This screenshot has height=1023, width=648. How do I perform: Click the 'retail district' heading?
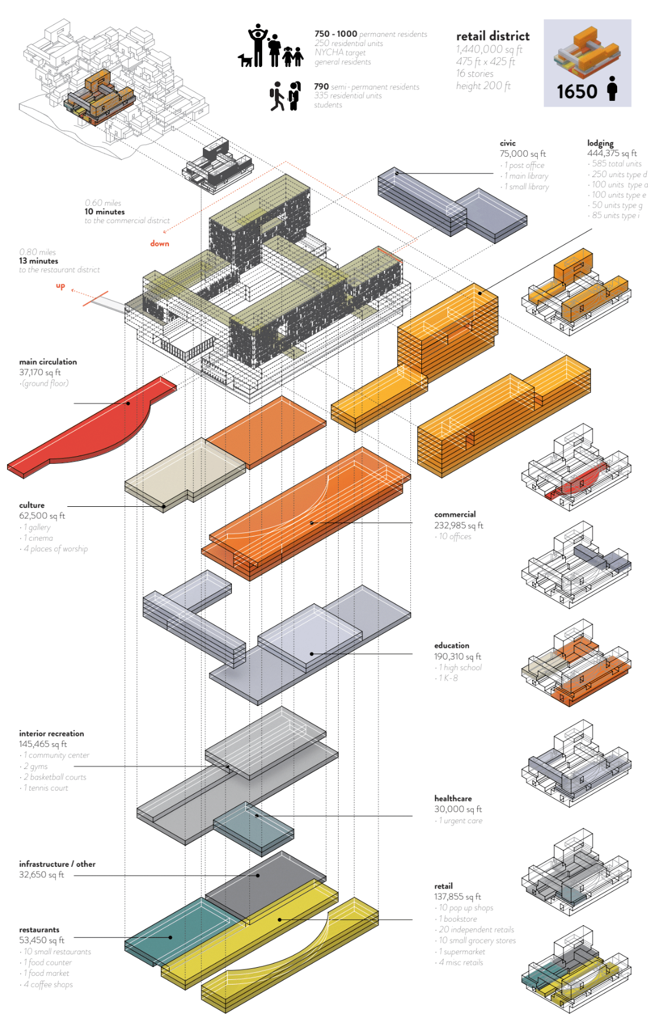tap(492, 36)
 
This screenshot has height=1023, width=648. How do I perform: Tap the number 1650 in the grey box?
tap(576, 91)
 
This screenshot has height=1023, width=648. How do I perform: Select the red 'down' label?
tap(160, 244)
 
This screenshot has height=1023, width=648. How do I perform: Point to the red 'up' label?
tap(61, 285)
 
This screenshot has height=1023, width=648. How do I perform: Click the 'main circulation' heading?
tap(48, 362)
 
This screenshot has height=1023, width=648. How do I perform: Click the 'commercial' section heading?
tap(455, 514)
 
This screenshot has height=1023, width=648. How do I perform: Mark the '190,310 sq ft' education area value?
tap(457, 657)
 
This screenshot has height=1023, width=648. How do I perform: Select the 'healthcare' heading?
tap(453, 799)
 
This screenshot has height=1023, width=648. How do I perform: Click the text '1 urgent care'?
tap(460, 821)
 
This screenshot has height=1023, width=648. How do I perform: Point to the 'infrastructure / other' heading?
tap(57, 864)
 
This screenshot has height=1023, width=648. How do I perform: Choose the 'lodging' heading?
tap(600, 143)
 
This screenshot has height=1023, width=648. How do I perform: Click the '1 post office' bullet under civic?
tap(524, 165)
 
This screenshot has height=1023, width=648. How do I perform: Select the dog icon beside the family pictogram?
tap(245, 60)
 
